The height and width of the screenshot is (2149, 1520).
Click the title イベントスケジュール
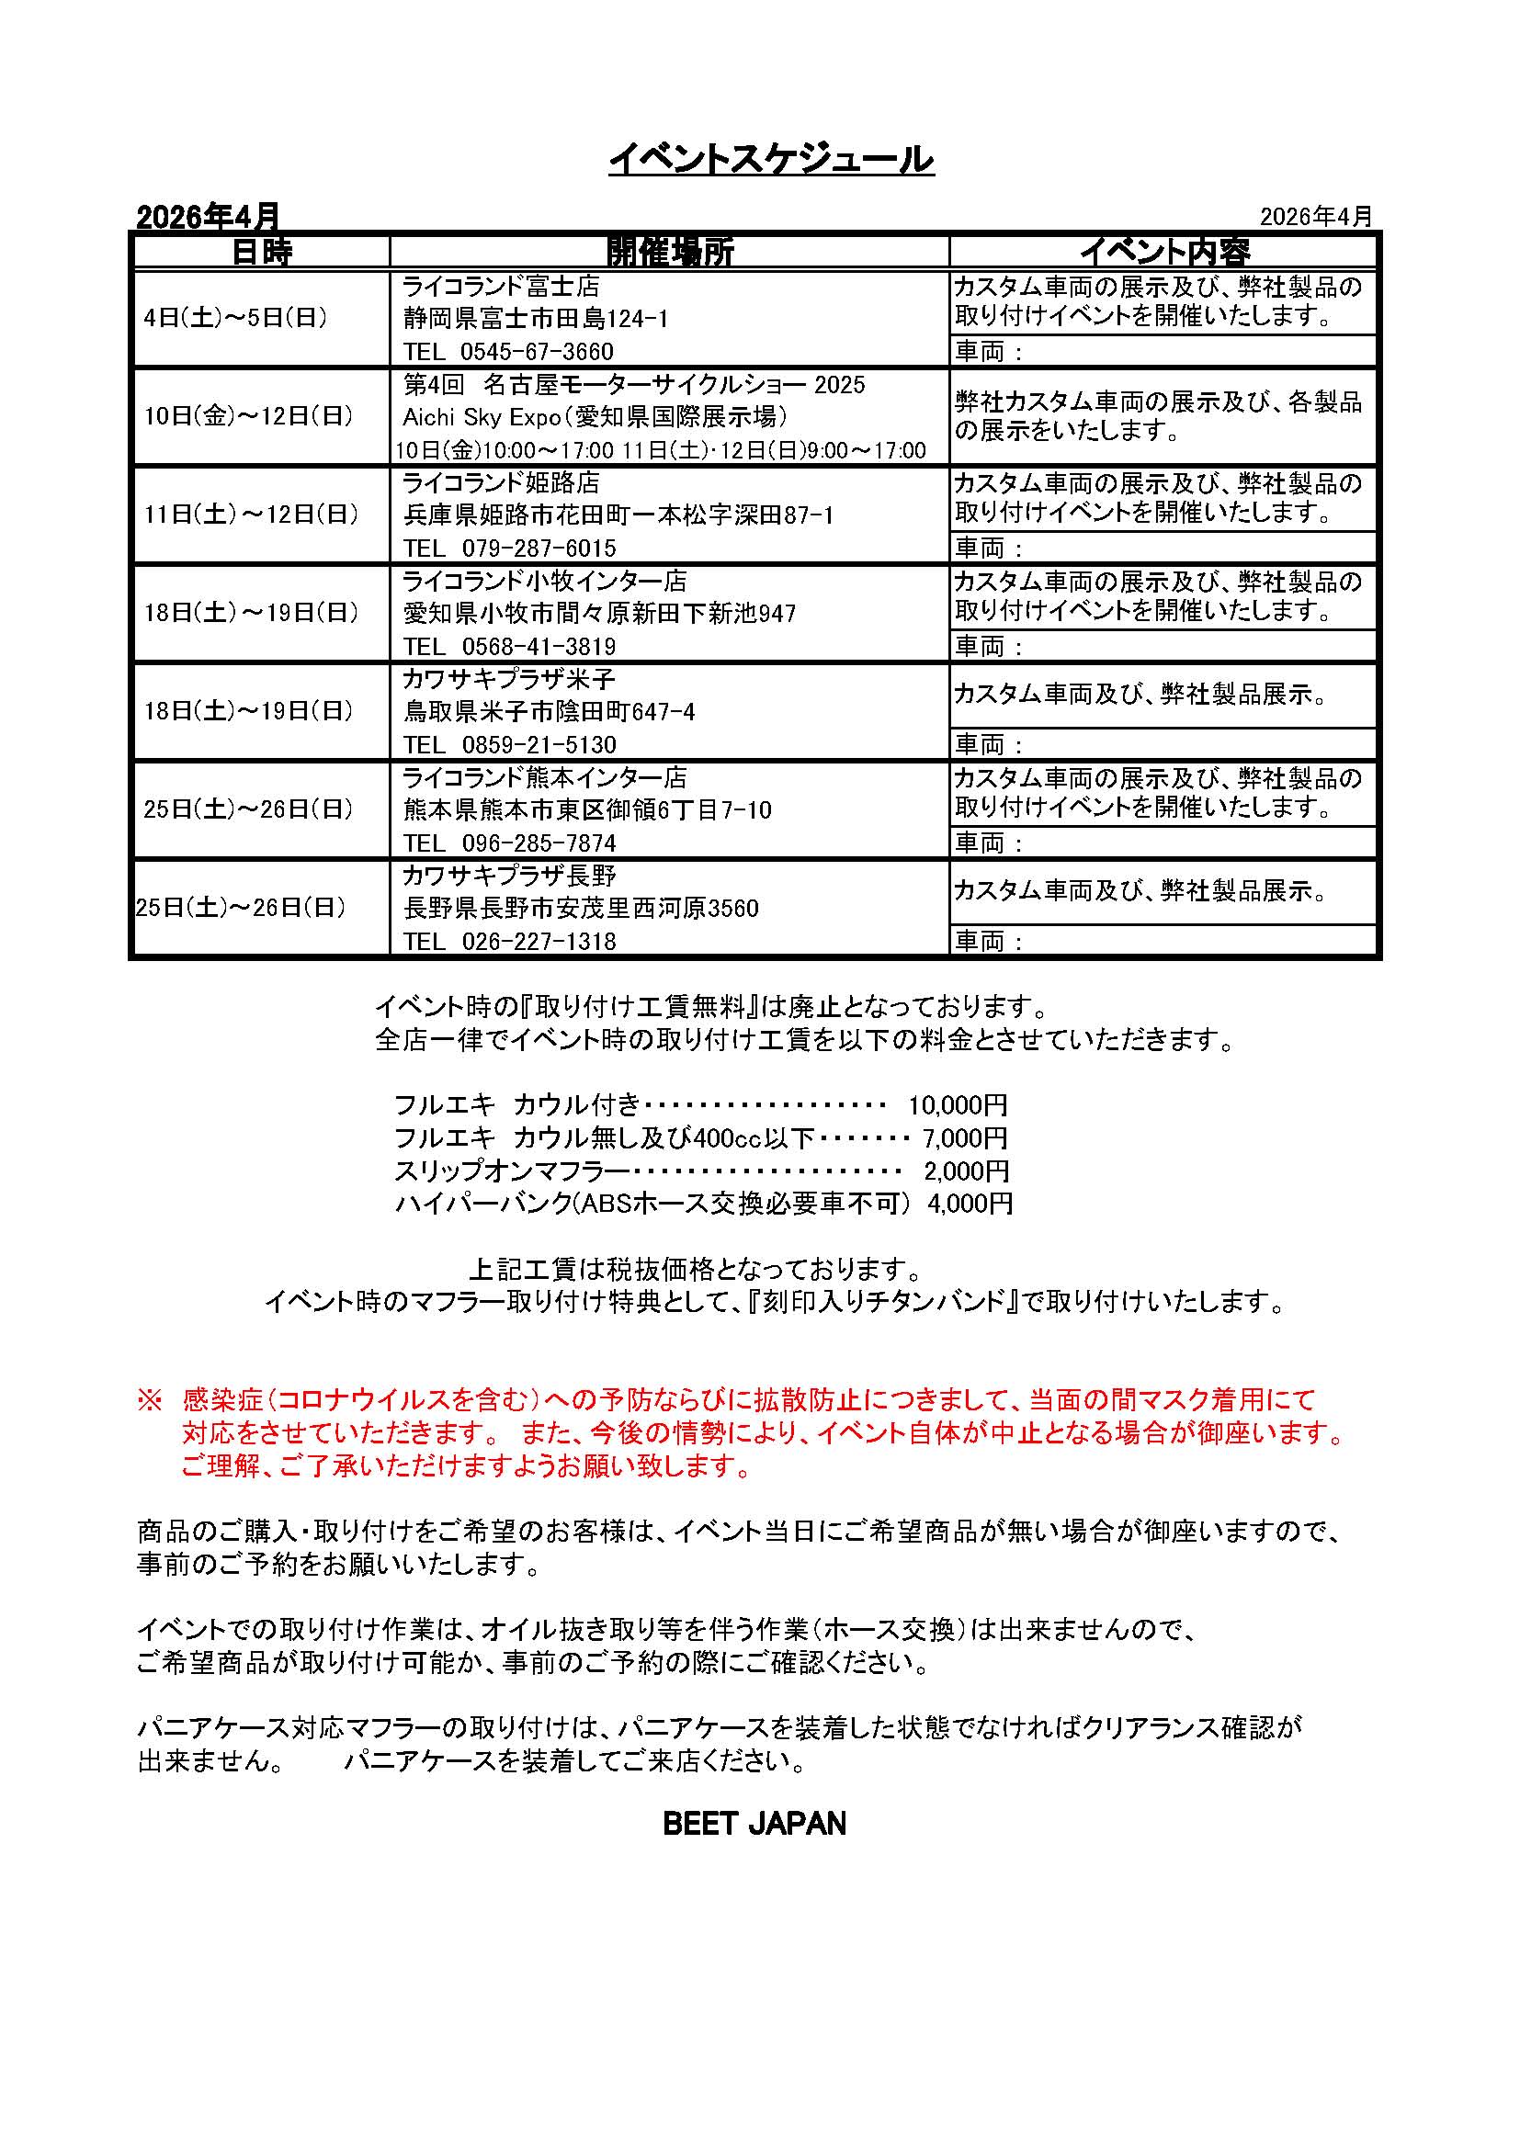pyautogui.click(x=771, y=159)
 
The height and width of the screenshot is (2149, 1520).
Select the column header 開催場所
pyautogui.click(x=670, y=252)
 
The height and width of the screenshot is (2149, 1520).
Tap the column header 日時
pyautogui.click(x=261, y=252)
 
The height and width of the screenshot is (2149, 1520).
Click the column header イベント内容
pyautogui.click(x=1164, y=252)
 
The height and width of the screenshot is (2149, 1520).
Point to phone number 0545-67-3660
pyautogui.click(x=537, y=352)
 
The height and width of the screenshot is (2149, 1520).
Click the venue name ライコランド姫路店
pyautogui.click(x=501, y=483)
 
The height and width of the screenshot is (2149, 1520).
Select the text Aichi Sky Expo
pyautogui.click(x=481, y=416)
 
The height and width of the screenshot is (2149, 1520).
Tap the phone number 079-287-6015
pyautogui.click(x=539, y=549)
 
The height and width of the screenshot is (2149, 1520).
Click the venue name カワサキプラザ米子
pyautogui.click(x=509, y=680)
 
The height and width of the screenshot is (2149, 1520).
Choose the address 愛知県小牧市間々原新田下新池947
pyautogui.click(x=599, y=614)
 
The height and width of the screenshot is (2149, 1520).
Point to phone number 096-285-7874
pyautogui.click(x=539, y=843)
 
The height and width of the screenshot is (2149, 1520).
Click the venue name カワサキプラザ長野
pyautogui.click(x=509, y=877)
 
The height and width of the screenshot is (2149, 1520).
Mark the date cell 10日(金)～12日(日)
pyautogui.click(x=248, y=416)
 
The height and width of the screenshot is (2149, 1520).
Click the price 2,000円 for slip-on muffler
pyautogui.click(x=966, y=1171)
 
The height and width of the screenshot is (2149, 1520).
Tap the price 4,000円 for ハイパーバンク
pyautogui.click(x=970, y=1204)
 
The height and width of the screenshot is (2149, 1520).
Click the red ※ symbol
pyautogui.click(x=150, y=1400)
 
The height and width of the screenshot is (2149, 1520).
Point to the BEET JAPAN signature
pyautogui.click(x=754, y=1823)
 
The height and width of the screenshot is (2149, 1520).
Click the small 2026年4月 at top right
pyautogui.click(x=1315, y=217)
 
